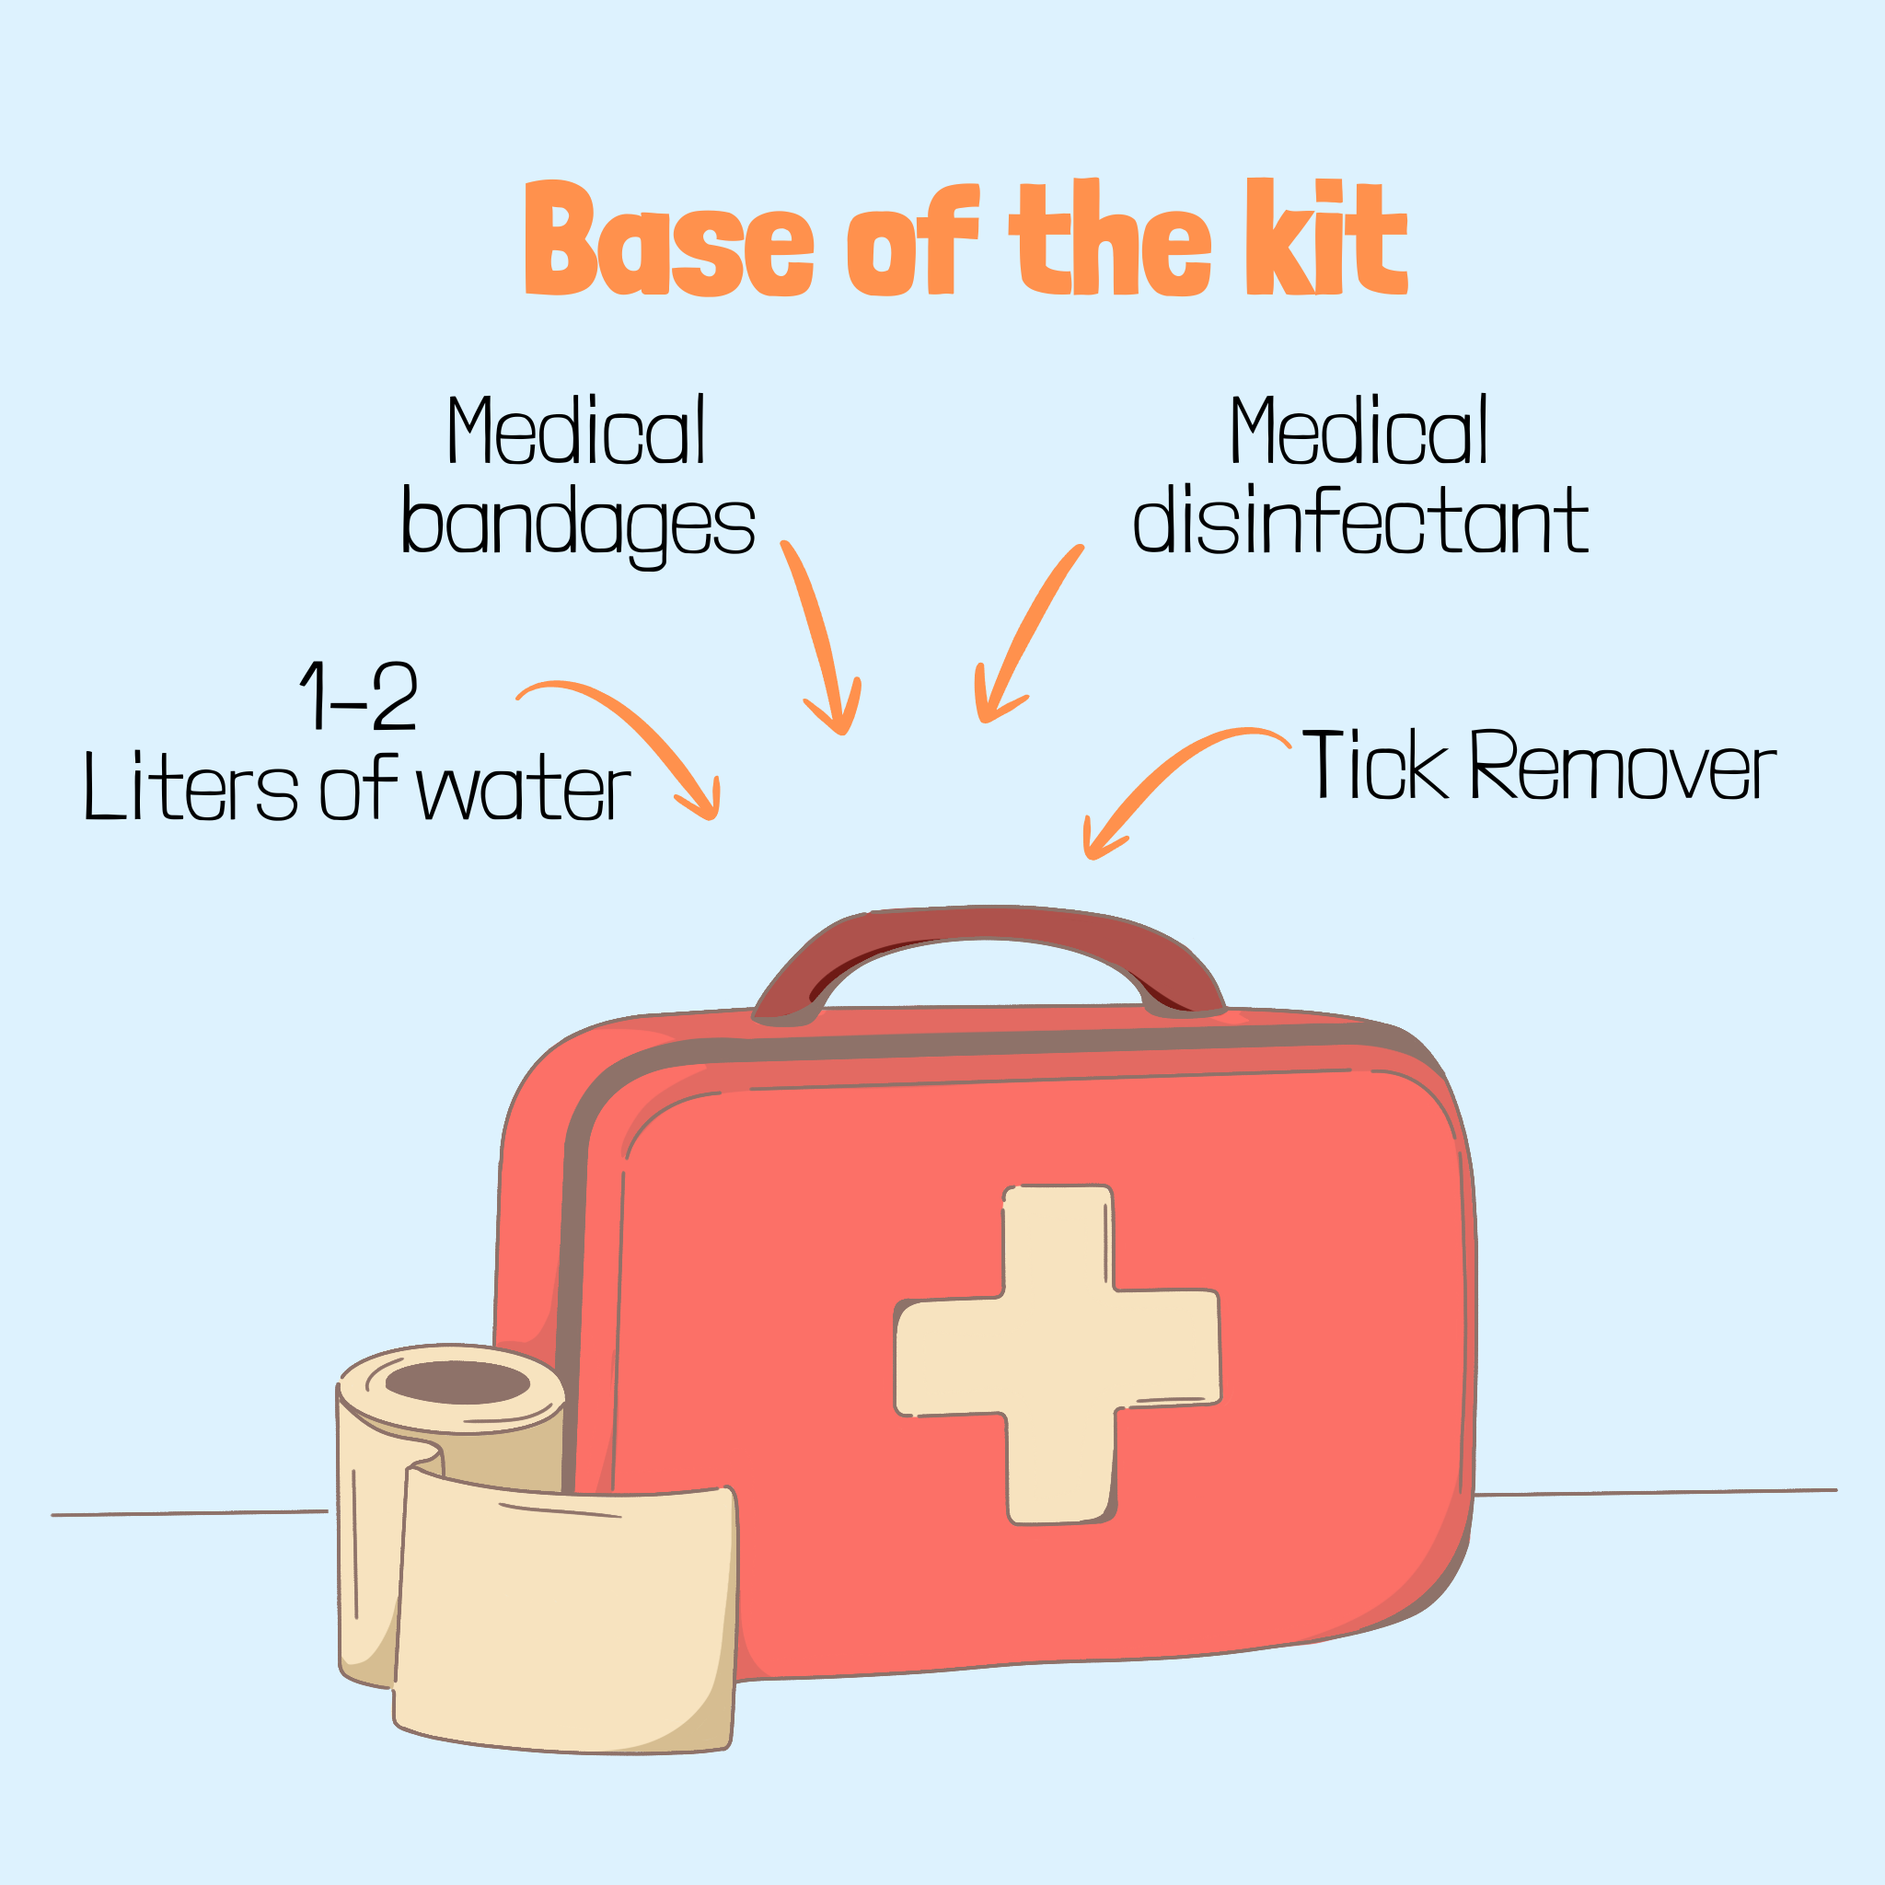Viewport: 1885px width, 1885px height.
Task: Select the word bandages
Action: coord(579,526)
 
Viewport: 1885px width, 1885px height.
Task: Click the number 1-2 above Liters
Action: coord(359,696)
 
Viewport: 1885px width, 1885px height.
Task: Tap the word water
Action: coord(525,789)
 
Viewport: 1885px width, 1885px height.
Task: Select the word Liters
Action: coord(191,785)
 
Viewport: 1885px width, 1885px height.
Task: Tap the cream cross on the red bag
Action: coord(1058,1354)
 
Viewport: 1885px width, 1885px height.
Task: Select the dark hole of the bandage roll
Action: coord(457,1382)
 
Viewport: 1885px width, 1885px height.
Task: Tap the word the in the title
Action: coord(1111,237)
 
